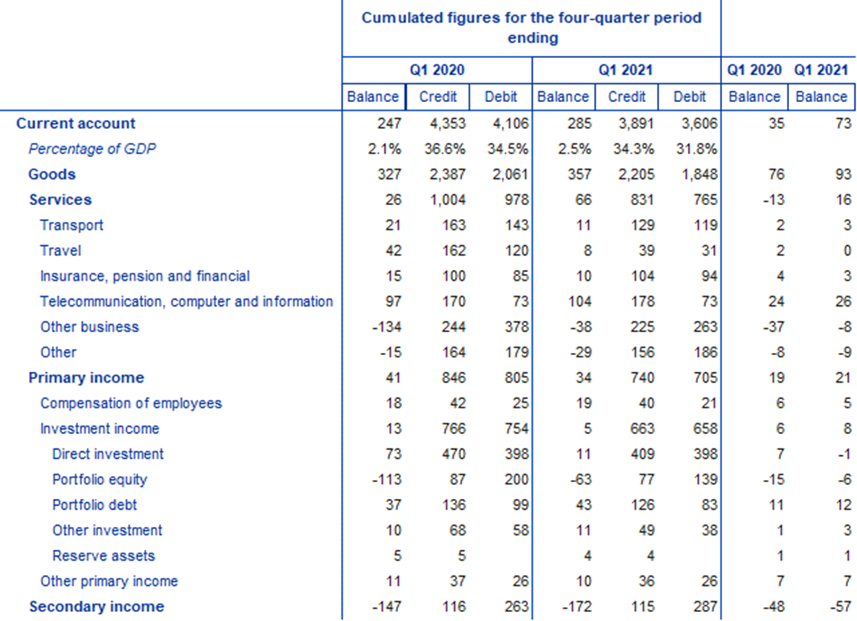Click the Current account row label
tap(76, 124)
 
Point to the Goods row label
tap(52, 174)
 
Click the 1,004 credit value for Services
tap(446, 200)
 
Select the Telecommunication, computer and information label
tap(187, 301)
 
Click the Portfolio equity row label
tap(100, 479)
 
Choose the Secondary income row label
tap(97, 606)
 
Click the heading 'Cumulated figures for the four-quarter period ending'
tap(531, 28)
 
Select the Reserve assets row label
tap(104, 555)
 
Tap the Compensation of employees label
tap(131, 403)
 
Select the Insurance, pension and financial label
tap(144, 276)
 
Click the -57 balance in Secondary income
tap(837, 607)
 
